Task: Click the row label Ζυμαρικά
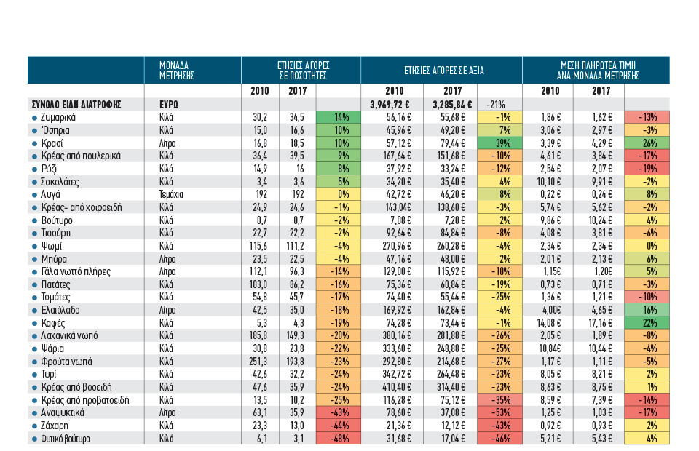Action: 58,118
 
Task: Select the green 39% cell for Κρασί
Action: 499,143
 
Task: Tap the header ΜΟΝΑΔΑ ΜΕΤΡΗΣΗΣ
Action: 176,71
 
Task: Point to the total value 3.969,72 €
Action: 390,105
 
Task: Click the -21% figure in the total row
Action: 495,105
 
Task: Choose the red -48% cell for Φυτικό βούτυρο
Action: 339,439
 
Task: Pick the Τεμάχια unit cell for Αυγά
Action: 171,194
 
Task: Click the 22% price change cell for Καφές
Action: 647,323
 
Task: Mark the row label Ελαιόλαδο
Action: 60,310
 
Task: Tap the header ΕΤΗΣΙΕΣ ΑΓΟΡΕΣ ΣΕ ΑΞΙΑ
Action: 444,71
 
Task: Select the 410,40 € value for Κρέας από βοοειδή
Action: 397,387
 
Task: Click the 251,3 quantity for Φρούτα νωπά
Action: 258,362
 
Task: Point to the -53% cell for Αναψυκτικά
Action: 499,412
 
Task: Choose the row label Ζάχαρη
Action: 55,426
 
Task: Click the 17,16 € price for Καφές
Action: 601,323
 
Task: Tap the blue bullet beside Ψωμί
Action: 34,246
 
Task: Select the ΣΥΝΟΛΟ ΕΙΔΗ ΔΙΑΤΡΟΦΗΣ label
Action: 76,105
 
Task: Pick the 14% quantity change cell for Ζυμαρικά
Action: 339,118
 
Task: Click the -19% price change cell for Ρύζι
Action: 647,169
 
